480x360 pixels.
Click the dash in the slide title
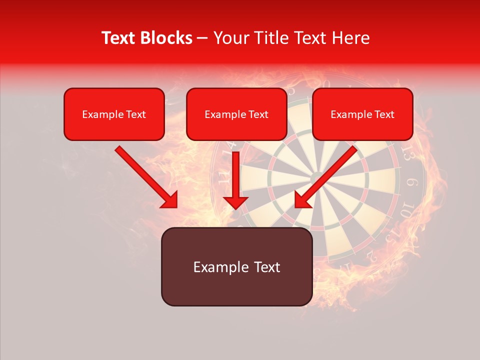[202, 38]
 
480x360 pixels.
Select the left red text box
[114, 114]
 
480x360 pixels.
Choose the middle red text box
[236, 114]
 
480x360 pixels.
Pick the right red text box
[362, 114]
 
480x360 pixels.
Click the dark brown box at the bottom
[236, 266]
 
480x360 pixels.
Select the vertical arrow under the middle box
[235, 180]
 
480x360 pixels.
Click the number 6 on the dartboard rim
[412, 182]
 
